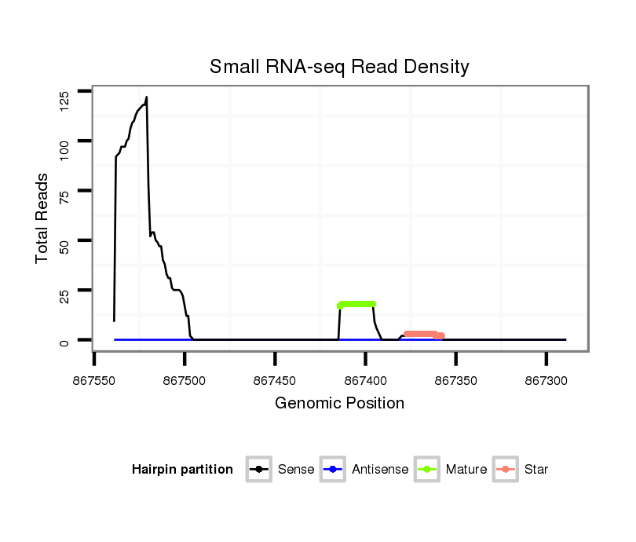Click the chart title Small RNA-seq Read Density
tap(339, 67)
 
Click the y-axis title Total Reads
tap(43, 218)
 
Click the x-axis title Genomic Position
tap(339, 404)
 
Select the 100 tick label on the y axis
tap(64, 141)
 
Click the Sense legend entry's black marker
tap(258, 470)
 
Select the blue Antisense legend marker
tap(332, 470)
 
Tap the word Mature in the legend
tap(466, 470)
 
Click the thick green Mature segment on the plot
tap(356, 304)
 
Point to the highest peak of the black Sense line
tap(146, 97)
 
